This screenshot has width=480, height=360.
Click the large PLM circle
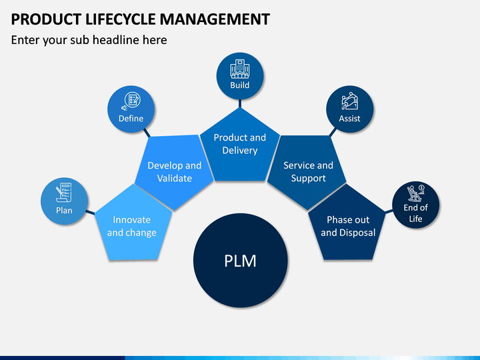240,261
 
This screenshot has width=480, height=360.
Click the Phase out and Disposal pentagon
347,226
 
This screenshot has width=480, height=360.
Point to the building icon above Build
240,69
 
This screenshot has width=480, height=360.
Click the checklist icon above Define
131,101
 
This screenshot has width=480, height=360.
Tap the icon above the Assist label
349,101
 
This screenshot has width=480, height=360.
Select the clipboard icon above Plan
64,192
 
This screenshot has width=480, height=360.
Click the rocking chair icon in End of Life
415,193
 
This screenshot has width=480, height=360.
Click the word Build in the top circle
240,85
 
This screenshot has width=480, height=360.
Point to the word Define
131,119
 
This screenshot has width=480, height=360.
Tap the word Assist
349,119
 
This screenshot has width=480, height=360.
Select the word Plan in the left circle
64,211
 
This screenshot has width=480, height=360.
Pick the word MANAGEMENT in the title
215,19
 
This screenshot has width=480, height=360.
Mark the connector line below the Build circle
240,103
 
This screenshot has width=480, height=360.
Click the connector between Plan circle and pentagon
90,213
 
